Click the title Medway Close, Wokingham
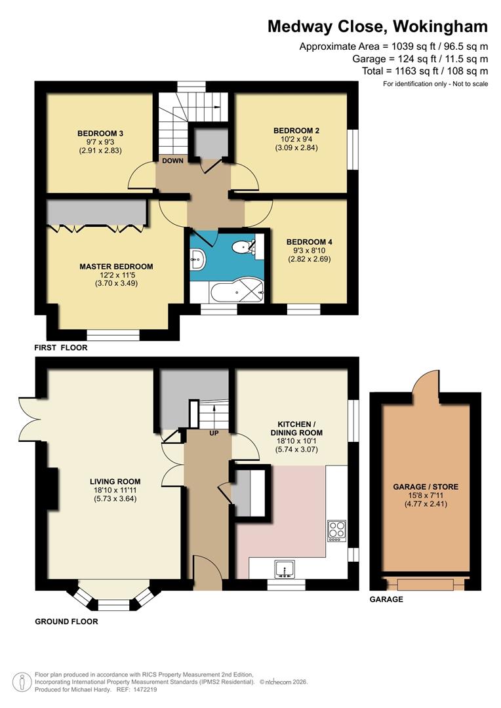click(377, 27)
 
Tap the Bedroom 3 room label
click(100, 133)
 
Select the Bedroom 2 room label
click(296, 130)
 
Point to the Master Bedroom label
click(116, 266)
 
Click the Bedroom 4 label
click(310, 242)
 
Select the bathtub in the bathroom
click(237, 294)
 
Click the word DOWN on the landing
click(172, 161)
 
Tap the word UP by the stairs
click(214, 433)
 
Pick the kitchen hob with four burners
click(337, 532)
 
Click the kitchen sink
click(285, 570)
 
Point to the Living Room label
click(115, 481)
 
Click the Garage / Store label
click(426, 486)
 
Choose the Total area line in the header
click(425, 71)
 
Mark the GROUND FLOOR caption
click(66, 621)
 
